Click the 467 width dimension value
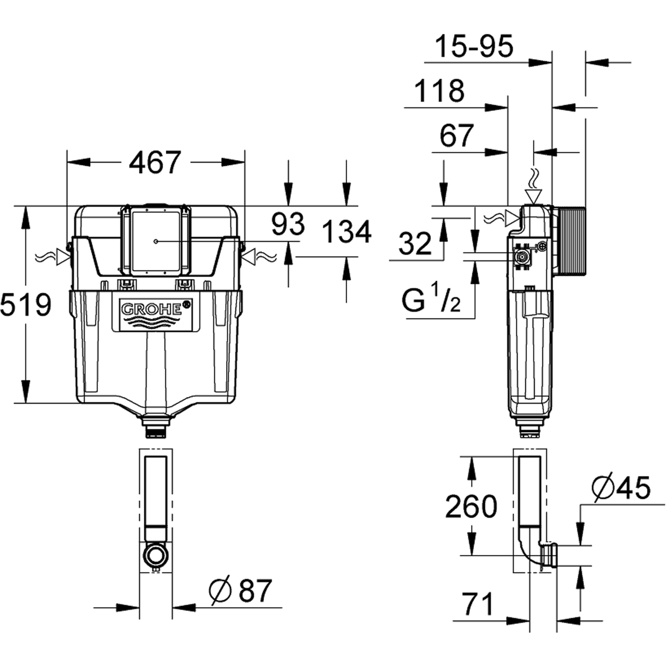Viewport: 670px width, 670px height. [155, 162]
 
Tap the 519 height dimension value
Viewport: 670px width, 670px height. [26, 305]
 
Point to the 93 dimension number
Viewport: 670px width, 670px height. [288, 225]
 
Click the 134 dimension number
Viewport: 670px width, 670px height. [347, 232]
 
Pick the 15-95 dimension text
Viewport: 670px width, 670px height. [474, 46]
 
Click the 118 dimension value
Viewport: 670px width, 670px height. [439, 91]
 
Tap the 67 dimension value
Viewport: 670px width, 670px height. [457, 136]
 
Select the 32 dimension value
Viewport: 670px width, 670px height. [415, 244]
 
